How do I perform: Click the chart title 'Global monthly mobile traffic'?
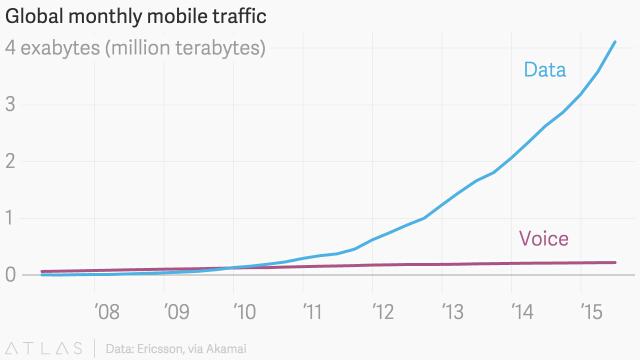click(140, 17)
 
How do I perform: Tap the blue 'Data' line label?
click(545, 70)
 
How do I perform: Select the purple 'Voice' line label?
click(543, 238)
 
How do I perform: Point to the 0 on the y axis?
click(11, 274)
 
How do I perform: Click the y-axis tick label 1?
click(11, 218)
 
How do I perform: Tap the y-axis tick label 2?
click(11, 161)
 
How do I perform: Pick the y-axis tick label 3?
click(11, 104)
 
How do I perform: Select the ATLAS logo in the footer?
click(46, 347)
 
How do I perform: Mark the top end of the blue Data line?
click(614, 42)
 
